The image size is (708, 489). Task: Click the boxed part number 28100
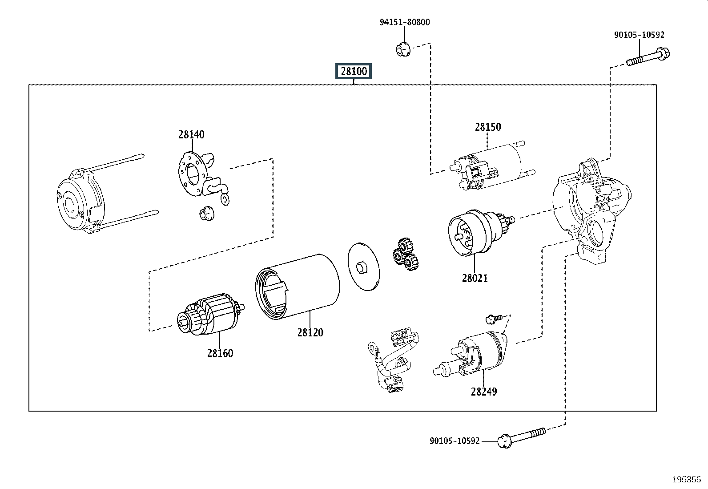354,71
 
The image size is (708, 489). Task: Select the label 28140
191,134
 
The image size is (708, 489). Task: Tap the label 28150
487,127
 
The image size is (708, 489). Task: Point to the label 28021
475,278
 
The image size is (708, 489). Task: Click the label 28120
310,332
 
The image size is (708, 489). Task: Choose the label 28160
220,353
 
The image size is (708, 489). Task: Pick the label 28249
483,392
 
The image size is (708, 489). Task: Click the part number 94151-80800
405,22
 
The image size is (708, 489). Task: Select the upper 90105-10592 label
639,35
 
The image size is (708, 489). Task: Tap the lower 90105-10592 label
455,441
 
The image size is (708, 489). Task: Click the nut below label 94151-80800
402,48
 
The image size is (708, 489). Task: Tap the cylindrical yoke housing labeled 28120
297,287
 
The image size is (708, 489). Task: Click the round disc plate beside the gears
363,267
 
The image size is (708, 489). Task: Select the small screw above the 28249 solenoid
494,318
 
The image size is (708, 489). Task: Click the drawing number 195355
686,480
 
